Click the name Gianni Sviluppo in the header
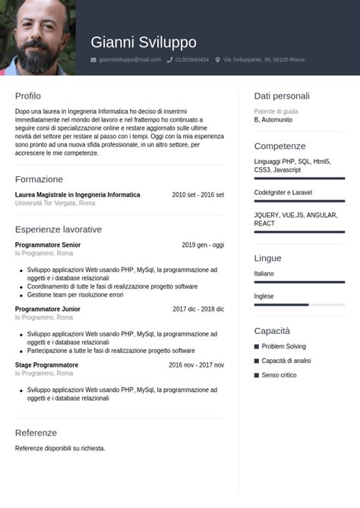144,43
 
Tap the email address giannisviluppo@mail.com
130,59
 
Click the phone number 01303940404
192,59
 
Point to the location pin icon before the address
218,59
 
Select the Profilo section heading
28,96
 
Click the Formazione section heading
39,179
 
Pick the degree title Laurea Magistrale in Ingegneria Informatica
77,195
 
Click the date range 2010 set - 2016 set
197,195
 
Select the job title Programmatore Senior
48,245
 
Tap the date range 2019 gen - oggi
203,245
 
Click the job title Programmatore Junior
48,309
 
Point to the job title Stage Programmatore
46,365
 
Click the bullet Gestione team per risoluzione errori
75,295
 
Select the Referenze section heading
36,433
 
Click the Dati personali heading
282,96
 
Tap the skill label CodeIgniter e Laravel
283,193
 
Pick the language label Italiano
264,273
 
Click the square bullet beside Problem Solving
257,347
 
